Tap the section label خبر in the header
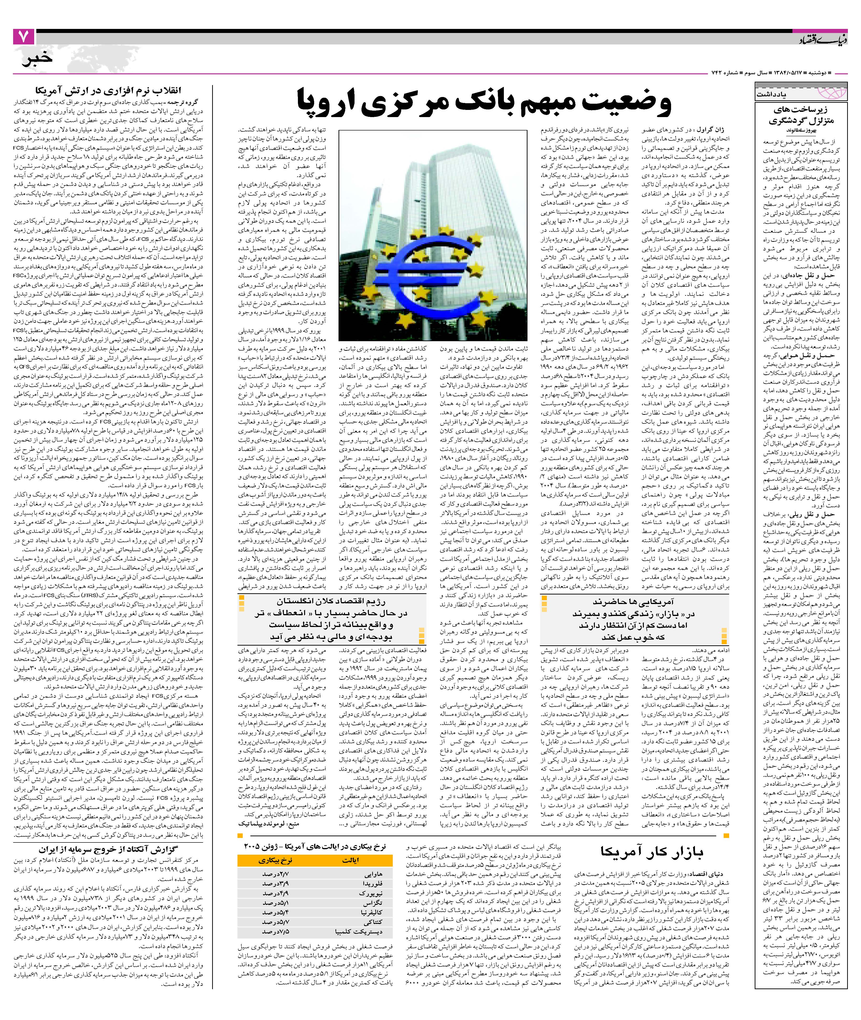[x=37, y=59]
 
